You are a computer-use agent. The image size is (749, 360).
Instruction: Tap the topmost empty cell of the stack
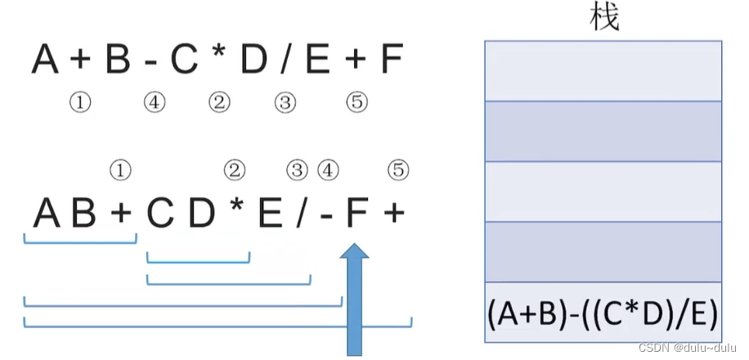pyautogui.click(x=603, y=70)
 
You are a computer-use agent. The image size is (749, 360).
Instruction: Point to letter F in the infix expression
pyautogui.click(x=392, y=60)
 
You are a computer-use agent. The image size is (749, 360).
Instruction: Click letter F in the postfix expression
pyautogui.click(x=354, y=214)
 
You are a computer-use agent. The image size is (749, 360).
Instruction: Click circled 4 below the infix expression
pyautogui.click(x=154, y=102)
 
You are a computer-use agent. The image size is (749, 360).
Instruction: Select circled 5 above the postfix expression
pyautogui.click(x=397, y=170)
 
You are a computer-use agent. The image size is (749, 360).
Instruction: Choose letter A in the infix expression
pyautogui.click(x=46, y=60)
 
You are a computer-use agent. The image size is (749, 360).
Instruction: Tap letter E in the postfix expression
pyautogui.click(x=271, y=214)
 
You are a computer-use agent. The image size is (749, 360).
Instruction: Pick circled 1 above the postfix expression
pyautogui.click(x=120, y=170)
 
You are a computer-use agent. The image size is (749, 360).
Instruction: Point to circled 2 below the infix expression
pyautogui.click(x=219, y=102)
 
